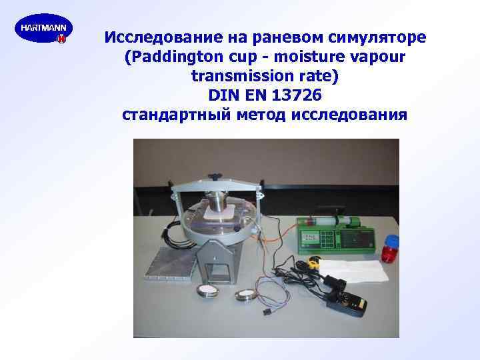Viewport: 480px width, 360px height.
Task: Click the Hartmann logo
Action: click(43, 29)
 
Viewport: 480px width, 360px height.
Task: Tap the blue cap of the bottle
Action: click(392, 241)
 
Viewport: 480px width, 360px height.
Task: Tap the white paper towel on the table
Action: click(363, 270)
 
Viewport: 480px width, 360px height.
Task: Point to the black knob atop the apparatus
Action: click(215, 177)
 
